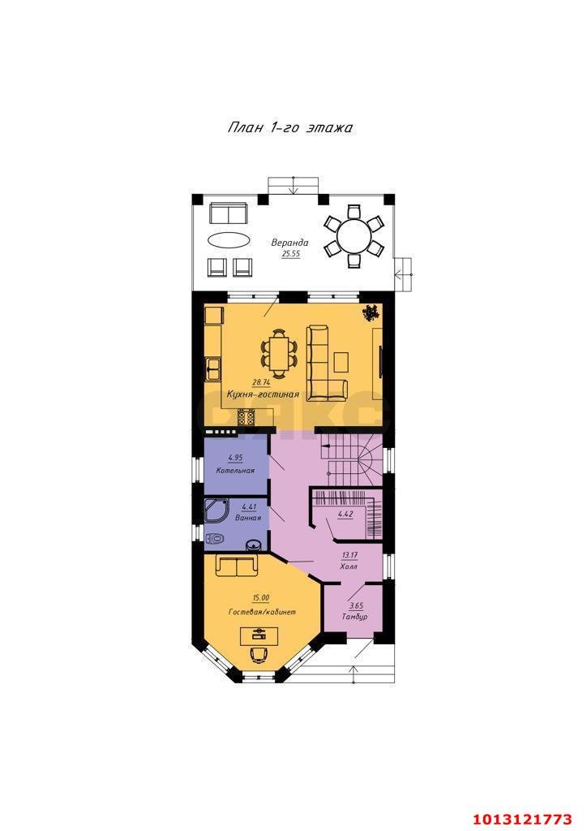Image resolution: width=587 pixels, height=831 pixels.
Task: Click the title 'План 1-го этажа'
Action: pyautogui.click(x=290, y=127)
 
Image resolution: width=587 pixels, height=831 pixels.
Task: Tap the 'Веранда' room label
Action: pyautogui.click(x=289, y=243)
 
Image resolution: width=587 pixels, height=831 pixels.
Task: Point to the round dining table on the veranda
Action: pyautogui.click(x=354, y=236)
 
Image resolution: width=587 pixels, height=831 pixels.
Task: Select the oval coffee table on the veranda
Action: pyautogui.click(x=229, y=240)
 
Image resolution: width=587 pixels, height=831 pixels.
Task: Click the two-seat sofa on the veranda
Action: pyautogui.click(x=228, y=213)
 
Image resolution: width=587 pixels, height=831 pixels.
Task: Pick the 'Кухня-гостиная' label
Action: pyautogui.click(x=263, y=394)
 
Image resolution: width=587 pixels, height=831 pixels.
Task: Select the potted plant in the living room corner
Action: pyautogui.click(x=371, y=313)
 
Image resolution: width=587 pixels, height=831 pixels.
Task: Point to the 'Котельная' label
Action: pyautogui.click(x=236, y=471)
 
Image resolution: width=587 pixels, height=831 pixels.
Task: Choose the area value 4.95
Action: pyautogui.click(x=236, y=458)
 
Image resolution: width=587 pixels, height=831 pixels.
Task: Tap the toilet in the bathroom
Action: pyautogui.click(x=214, y=539)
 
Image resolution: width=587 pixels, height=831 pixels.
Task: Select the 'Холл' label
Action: pyautogui.click(x=349, y=566)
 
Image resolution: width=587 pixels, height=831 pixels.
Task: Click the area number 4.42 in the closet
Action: pyautogui.click(x=345, y=515)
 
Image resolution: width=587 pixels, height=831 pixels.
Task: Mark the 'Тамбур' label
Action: pyautogui.click(x=354, y=617)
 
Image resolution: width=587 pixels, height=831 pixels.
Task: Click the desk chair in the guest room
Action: pyautogui.click(x=259, y=654)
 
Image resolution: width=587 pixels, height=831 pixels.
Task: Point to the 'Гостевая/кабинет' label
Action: pyautogui.click(x=262, y=612)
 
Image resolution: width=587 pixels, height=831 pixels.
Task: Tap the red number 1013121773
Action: pyautogui.click(x=522, y=820)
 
